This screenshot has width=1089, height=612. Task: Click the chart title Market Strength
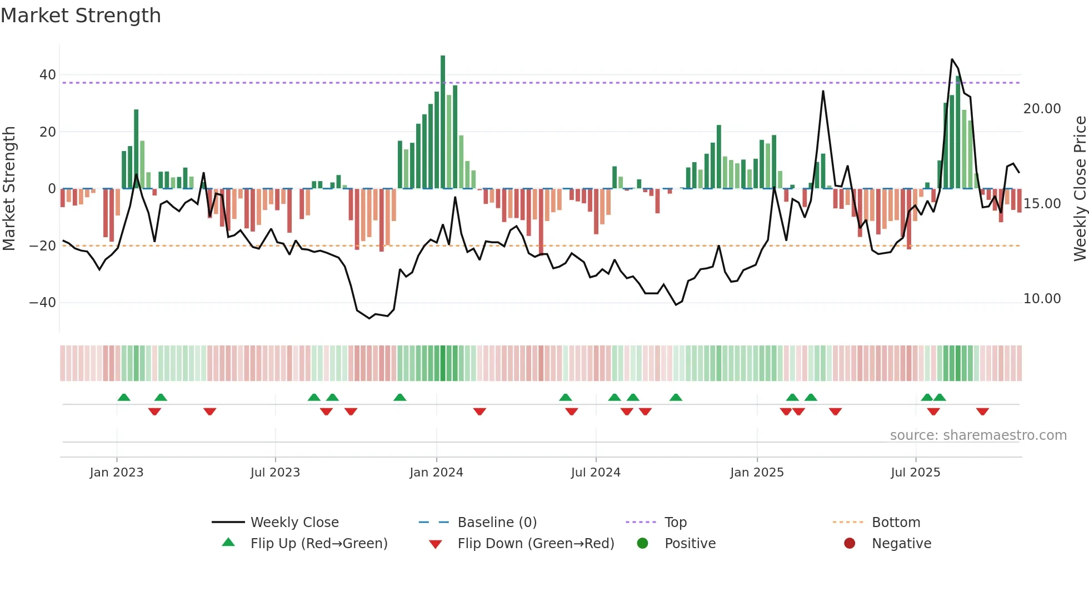point(81,16)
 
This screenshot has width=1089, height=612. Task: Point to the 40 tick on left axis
point(48,75)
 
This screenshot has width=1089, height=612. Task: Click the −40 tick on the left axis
point(43,303)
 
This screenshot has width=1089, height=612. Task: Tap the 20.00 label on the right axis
point(1042,109)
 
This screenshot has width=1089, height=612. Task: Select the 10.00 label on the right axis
point(1042,299)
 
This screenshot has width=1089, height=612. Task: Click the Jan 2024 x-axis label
point(436,473)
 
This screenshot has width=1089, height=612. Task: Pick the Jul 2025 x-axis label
point(915,473)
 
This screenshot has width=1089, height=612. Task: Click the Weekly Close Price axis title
point(1080,189)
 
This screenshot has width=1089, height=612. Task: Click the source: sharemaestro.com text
point(978,435)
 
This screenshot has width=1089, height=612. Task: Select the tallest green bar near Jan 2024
point(443,122)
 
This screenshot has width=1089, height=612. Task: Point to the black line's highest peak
point(952,59)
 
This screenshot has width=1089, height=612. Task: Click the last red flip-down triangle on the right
point(982,412)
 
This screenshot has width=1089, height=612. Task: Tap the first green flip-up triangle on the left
point(124,397)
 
